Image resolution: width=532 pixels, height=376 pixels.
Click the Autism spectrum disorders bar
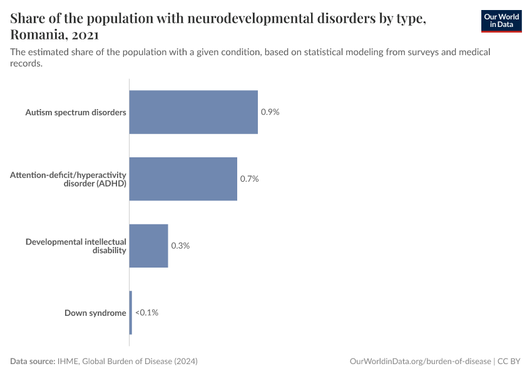(193, 112)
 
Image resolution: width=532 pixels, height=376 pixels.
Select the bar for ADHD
(183, 179)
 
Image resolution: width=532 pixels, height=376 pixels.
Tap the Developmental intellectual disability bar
(148, 246)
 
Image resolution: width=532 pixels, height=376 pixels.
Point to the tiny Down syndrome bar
(131, 313)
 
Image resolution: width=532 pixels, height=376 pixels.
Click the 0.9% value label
(270, 112)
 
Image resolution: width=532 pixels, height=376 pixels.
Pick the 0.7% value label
(249, 179)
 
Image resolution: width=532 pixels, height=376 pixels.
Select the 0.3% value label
(180, 246)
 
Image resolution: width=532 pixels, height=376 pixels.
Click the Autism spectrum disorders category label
(76, 112)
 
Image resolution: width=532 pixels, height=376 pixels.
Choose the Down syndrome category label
(95, 313)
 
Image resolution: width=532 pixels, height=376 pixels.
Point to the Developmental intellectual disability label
(76, 246)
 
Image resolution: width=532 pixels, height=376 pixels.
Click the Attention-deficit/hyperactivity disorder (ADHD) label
(68, 179)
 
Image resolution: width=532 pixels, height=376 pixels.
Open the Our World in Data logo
(501, 21)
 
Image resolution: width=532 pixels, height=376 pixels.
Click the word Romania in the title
(38, 34)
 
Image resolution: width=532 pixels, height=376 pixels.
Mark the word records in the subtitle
(26, 63)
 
